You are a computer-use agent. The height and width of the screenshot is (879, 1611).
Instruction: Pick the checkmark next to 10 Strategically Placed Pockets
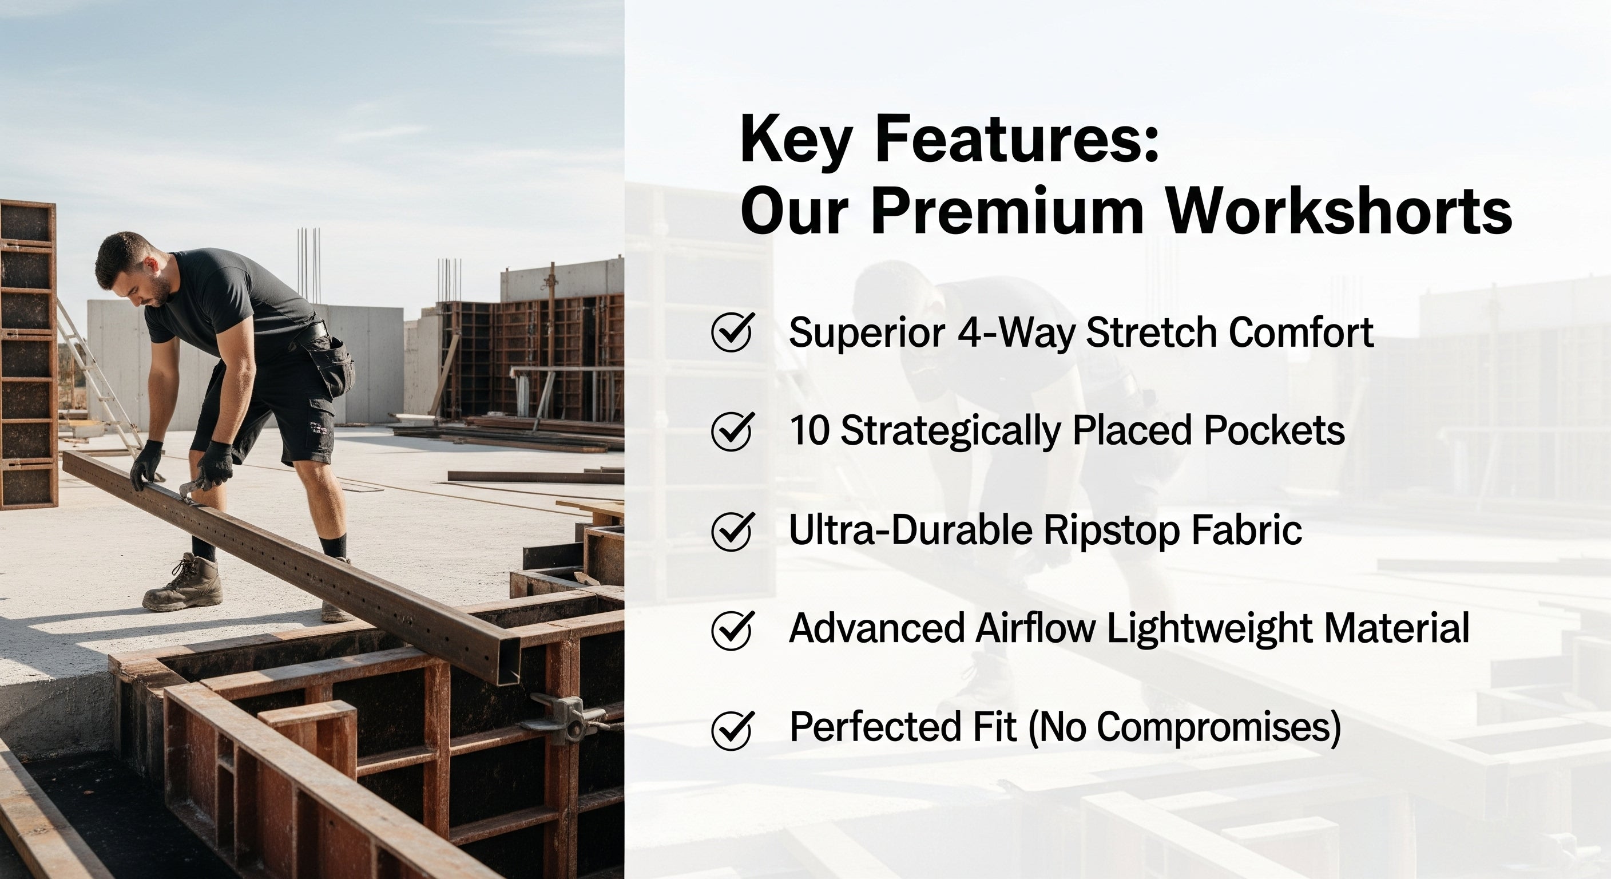coord(732,430)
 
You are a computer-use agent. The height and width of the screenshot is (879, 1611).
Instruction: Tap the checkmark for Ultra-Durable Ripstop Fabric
coord(732,530)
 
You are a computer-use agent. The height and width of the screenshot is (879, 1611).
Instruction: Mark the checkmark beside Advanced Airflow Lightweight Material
coord(732,629)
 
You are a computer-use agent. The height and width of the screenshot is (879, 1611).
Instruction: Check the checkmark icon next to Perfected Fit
coord(732,729)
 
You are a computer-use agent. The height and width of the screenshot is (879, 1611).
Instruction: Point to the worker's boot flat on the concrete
coord(182,583)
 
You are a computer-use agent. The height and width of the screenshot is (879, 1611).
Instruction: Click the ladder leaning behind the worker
coord(100,375)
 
